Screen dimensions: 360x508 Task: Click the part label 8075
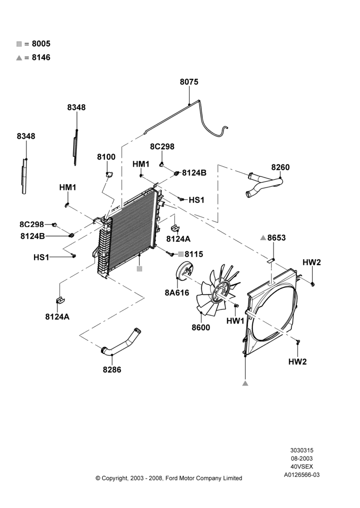tap(189, 82)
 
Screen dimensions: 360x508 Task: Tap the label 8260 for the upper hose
tap(281, 167)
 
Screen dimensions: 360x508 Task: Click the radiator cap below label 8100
tap(108, 174)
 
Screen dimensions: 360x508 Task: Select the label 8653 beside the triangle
tap(276, 238)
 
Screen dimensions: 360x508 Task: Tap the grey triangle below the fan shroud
tap(245, 383)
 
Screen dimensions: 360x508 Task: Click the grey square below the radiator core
tap(139, 269)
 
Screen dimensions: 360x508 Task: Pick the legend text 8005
tap(41, 44)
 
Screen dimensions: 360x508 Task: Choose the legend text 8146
tap(41, 58)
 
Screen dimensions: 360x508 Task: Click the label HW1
tap(235, 321)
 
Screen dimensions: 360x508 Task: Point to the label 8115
tap(194, 254)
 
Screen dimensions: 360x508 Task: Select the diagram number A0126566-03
tap(302, 475)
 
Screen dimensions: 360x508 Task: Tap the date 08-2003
tap(302, 458)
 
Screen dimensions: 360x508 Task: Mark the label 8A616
tap(177, 293)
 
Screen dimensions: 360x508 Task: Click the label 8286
tap(112, 370)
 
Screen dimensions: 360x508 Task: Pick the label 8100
tap(106, 157)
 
